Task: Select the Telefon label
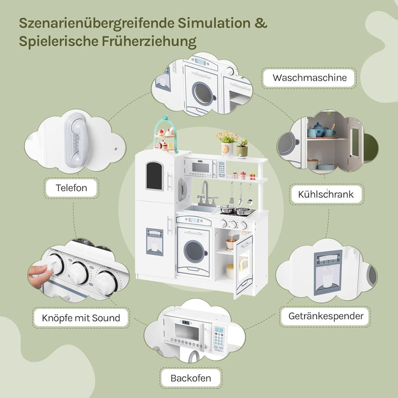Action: coord(71,187)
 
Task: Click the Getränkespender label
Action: coord(326,316)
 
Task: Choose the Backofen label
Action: coord(190,378)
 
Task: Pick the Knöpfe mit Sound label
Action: coord(81,318)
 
